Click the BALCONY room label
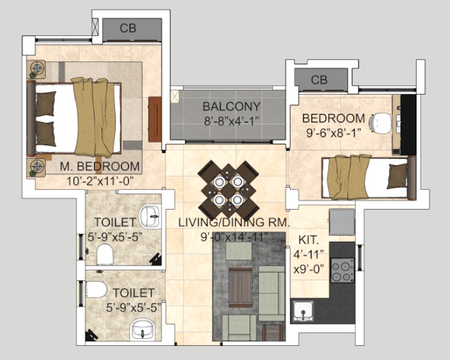tap(231, 107)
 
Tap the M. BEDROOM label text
tap(100, 166)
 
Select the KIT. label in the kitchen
tap(309, 240)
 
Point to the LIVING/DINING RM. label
tap(234, 222)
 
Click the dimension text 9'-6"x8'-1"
tap(333, 133)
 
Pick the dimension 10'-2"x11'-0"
tap(100, 181)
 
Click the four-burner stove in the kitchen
tap(343, 270)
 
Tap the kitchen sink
tap(303, 311)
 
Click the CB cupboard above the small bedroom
tap(321, 80)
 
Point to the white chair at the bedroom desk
tap(380, 123)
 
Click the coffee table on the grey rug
tap(240, 287)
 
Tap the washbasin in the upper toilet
tap(150, 216)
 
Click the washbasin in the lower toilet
tap(142, 330)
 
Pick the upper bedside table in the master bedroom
tap(36, 69)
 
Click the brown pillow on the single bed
tap(397, 176)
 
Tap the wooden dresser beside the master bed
tap(155, 120)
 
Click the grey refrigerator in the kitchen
tap(342, 222)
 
